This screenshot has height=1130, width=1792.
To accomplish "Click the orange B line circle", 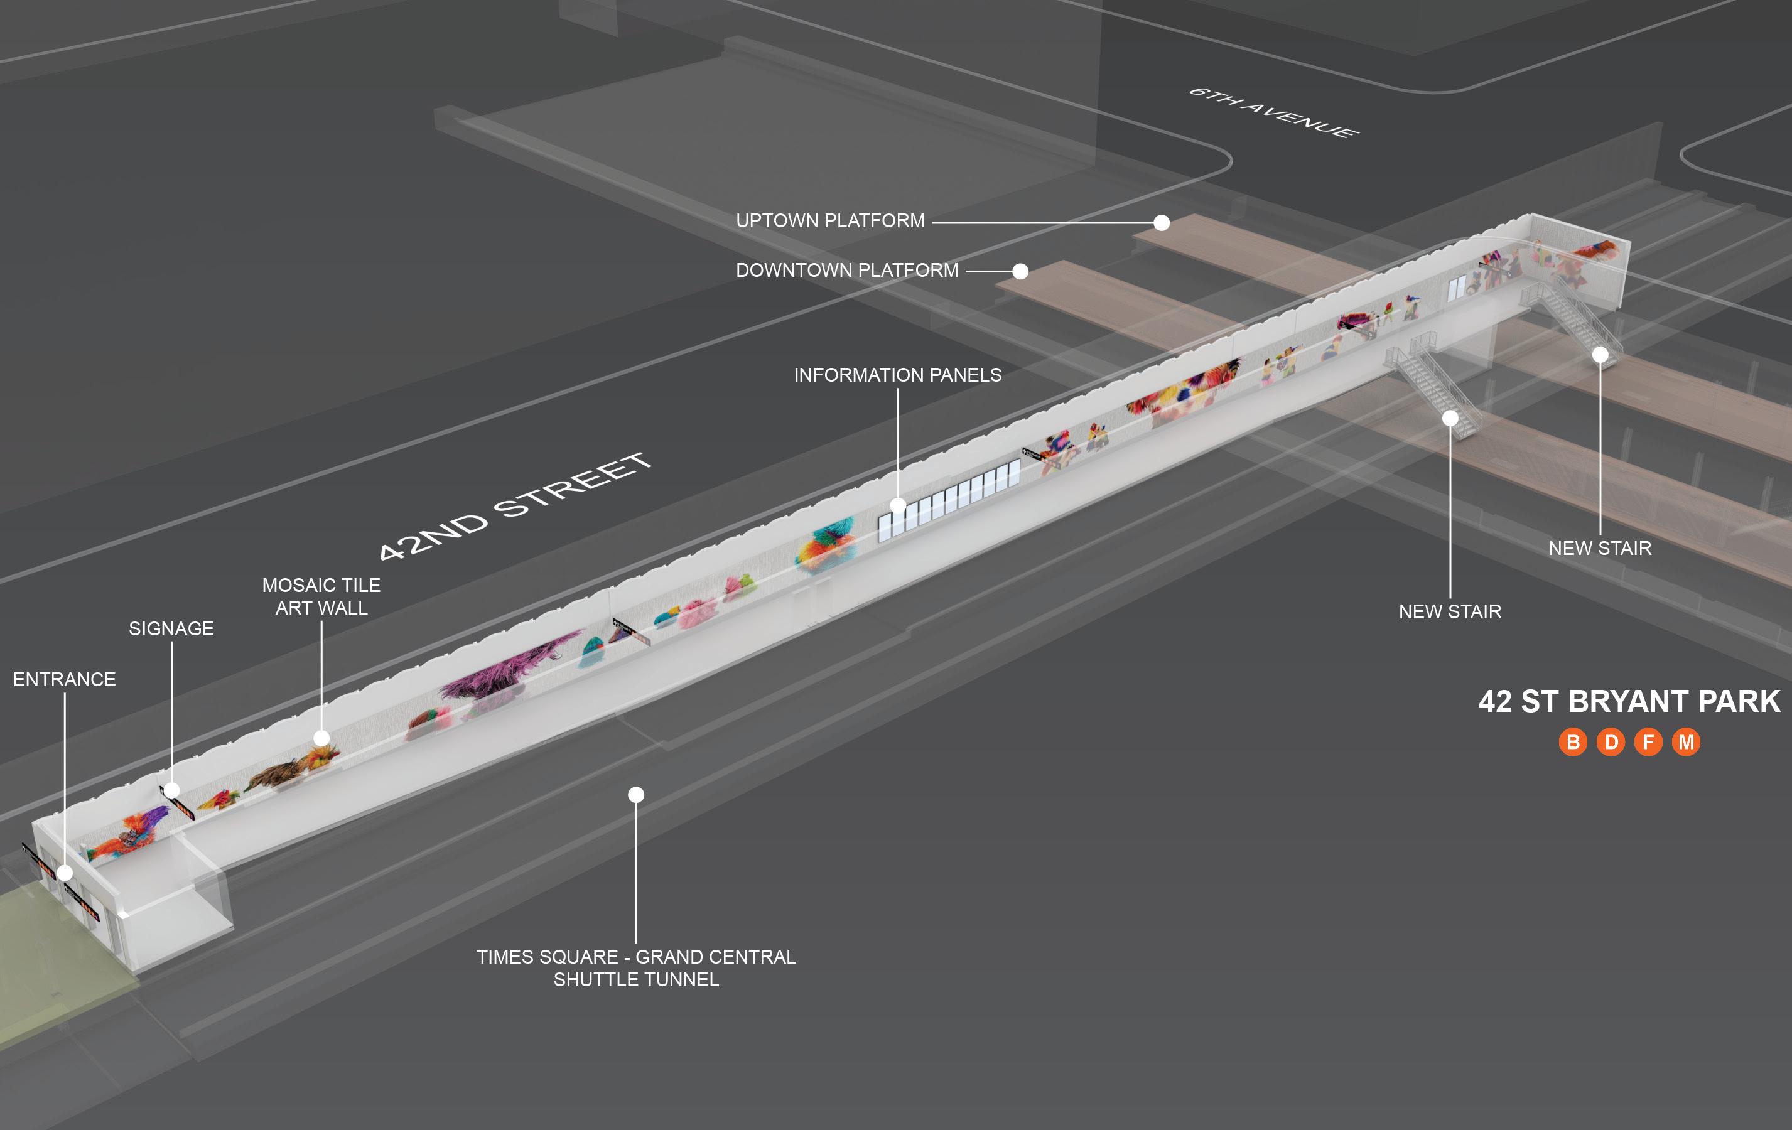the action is click(1572, 743).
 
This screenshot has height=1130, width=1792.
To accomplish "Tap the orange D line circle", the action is click(1611, 743).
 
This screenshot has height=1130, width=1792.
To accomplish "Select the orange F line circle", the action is click(1648, 743).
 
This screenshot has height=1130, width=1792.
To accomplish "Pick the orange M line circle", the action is click(1687, 743).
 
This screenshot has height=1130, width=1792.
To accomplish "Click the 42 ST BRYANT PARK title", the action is click(1629, 701).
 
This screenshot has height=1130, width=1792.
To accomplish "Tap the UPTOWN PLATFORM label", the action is click(830, 221).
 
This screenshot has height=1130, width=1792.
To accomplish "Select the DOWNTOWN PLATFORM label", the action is click(847, 270).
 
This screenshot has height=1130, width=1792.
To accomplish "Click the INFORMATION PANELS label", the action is click(897, 375).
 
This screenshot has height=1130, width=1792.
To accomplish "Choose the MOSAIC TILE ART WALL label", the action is click(321, 596).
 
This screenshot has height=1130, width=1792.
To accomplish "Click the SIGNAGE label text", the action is click(171, 628).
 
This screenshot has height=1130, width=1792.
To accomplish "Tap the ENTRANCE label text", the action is click(65, 680).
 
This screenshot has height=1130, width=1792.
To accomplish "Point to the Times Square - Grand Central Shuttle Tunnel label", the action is click(636, 968).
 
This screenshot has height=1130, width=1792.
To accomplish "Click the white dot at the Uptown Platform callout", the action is click(1161, 222).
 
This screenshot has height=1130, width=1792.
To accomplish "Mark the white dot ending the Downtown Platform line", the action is click(1020, 272).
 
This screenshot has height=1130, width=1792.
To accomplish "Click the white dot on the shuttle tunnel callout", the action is click(635, 795).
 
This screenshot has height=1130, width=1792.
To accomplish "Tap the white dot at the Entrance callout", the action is click(65, 873).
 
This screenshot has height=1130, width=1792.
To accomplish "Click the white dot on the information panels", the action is click(897, 506).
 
